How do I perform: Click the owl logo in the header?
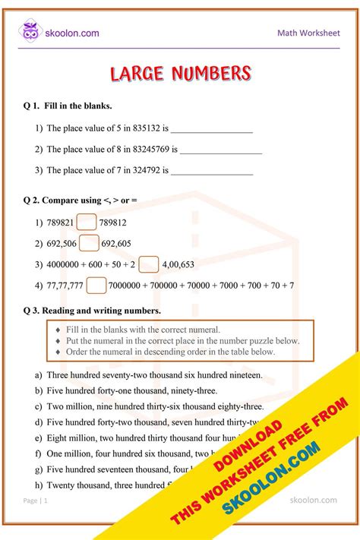pyautogui.click(x=31, y=33)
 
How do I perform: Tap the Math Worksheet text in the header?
pyautogui.click(x=308, y=33)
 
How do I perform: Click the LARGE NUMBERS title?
pyautogui.click(x=180, y=74)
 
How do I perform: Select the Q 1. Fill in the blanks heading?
pyautogui.click(x=68, y=106)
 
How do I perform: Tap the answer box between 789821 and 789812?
pyautogui.click(x=86, y=223)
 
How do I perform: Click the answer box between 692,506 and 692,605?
pyautogui.click(x=89, y=243)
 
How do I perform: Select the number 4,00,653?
pyautogui.click(x=178, y=264)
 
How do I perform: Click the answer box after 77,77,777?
pyautogui.click(x=96, y=286)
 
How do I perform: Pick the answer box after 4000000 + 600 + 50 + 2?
pyautogui.click(x=149, y=264)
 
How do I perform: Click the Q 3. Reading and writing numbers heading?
pyautogui.click(x=92, y=311)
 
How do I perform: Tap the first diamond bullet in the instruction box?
pyautogui.click(x=57, y=330)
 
